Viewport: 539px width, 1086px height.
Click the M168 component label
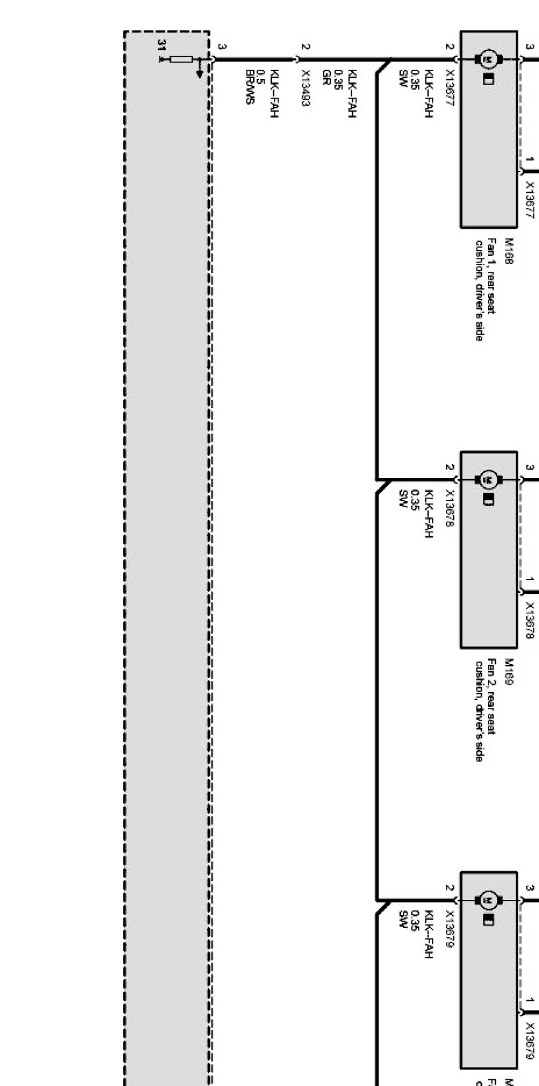pos(510,252)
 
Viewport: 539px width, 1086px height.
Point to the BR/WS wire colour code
pos(250,87)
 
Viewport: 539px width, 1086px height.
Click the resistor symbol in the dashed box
pos(181,59)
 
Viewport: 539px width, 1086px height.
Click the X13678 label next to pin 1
pos(530,620)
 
